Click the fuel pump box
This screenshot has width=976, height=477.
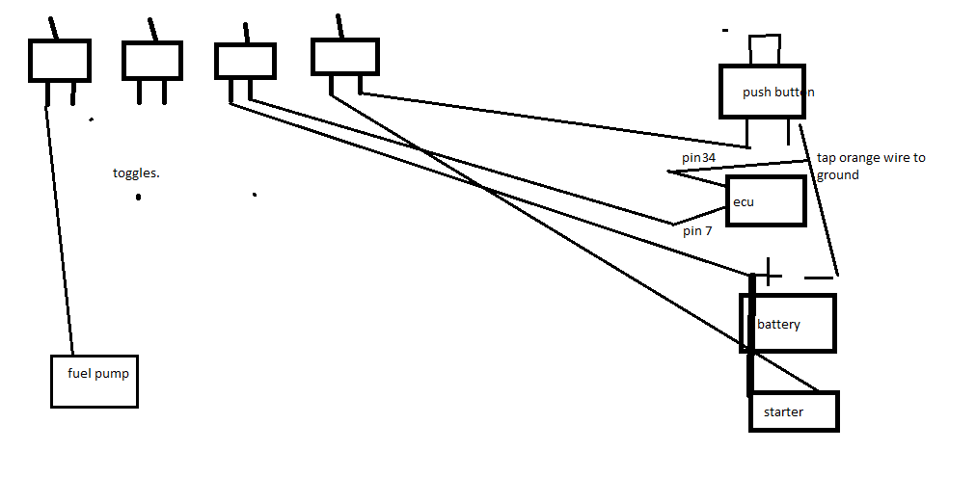(x=94, y=381)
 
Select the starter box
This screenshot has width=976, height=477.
(x=795, y=411)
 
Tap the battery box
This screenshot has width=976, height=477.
(x=788, y=324)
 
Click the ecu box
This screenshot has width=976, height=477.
(x=766, y=201)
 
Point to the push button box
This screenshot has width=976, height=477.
(x=762, y=93)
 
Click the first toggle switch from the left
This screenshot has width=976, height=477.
(x=60, y=61)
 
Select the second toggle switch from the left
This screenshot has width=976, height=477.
(x=152, y=61)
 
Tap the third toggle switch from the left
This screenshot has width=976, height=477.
(x=245, y=61)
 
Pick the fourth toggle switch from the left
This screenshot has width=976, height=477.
(x=344, y=56)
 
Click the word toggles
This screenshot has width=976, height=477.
(x=136, y=173)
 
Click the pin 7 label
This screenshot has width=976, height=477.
(x=696, y=231)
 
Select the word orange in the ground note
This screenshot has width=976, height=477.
(x=861, y=157)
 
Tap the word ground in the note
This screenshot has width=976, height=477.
(x=837, y=175)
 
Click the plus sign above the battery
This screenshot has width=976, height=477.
(x=768, y=273)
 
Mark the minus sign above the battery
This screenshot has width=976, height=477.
(x=818, y=278)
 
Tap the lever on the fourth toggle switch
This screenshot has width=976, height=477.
(x=339, y=26)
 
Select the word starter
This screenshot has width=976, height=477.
(x=783, y=412)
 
